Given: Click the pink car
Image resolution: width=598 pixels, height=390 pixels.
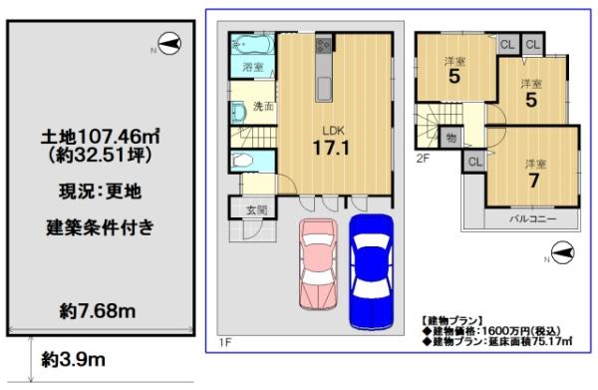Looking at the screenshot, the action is pyautogui.click(x=319, y=263).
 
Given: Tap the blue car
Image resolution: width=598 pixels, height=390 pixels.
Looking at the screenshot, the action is pyautogui.click(x=372, y=271).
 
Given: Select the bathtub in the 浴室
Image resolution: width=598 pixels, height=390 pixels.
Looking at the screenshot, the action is pyautogui.click(x=252, y=44).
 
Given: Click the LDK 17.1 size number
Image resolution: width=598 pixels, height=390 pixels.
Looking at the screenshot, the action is pyautogui.click(x=331, y=148).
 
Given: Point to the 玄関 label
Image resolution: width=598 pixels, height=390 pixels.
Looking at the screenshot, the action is pyautogui.click(x=256, y=209).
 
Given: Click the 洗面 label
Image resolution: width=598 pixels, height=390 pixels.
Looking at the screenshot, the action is pyautogui.click(x=263, y=107).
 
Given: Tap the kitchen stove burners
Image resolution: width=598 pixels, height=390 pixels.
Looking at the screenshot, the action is pyautogui.click(x=324, y=46).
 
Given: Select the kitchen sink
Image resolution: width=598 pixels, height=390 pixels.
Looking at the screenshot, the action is pyautogui.click(x=324, y=88).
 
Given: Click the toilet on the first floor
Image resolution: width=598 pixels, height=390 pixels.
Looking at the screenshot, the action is pyautogui.click(x=243, y=161).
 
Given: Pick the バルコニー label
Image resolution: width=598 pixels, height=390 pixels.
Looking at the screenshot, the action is pyautogui.click(x=533, y=219).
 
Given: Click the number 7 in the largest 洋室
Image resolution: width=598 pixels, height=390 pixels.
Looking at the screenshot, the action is pyautogui.click(x=534, y=181).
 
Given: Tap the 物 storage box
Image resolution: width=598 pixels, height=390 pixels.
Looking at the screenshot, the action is pyautogui.click(x=450, y=138).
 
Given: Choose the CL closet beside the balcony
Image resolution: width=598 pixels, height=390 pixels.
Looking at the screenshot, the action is pyautogui.click(x=474, y=162).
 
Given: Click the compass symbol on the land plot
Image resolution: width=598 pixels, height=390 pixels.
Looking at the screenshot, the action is pyautogui.click(x=169, y=44).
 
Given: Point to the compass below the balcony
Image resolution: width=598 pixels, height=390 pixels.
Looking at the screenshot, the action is pyautogui.click(x=563, y=252).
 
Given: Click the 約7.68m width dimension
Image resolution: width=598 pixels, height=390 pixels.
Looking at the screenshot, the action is pyautogui.click(x=98, y=311).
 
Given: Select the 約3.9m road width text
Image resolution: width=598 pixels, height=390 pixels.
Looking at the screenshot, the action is pyautogui.click(x=73, y=359).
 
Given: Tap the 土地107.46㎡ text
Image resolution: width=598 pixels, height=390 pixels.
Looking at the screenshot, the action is pyautogui.click(x=100, y=137).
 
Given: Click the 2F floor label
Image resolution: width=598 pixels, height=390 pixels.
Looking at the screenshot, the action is pyautogui.click(x=423, y=159).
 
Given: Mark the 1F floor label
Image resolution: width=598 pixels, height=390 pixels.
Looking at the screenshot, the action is pyautogui.click(x=225, y=342).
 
